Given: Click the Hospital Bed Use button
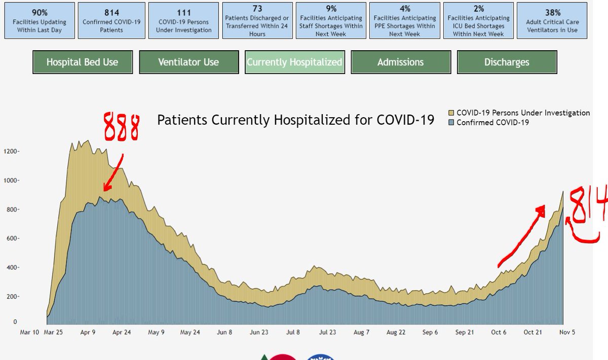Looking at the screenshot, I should coord(82,62).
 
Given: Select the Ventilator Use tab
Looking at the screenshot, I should coord(188,62).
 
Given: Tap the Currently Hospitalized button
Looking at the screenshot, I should coord(294,62).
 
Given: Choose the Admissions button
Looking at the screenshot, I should coord(400,62).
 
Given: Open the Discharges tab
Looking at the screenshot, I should coord(507,62).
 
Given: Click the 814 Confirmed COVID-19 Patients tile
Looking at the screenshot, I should coord(111,20).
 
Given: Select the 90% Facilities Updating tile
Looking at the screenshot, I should coord(39,20).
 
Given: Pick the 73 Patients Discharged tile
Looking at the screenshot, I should coord(257,20).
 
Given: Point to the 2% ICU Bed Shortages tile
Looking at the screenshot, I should coord(478,20).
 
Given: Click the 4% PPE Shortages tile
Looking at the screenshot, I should coord(404,20).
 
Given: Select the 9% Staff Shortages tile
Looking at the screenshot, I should coord(331,20).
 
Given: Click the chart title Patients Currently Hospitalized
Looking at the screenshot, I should coord(295,120).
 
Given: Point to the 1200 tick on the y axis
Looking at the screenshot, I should coord(11,151).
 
